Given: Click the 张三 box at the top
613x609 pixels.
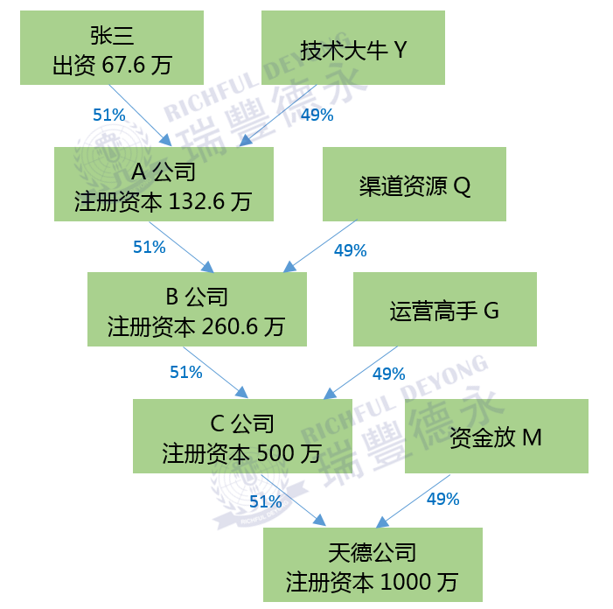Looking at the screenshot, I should (112, 47).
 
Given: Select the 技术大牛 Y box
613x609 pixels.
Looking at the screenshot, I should (353, 48).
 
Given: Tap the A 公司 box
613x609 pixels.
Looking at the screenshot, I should (164, 184).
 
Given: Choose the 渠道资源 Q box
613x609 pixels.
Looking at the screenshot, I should (414, 184).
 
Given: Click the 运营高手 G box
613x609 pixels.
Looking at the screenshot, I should (444, 309).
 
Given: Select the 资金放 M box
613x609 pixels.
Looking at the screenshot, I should (496, 436).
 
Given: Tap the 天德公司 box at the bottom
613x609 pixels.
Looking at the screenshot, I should (373, 564).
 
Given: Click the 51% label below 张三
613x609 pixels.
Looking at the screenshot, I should (109, 114).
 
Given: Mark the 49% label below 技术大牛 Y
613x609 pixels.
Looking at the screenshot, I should (317, 115).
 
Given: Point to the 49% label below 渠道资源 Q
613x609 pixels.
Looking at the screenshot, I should (350, 250).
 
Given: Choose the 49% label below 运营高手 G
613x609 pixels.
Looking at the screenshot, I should (388, 374).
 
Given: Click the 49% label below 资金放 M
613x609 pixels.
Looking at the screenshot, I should (442, 500).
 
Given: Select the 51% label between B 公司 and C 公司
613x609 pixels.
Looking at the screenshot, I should (185, 372).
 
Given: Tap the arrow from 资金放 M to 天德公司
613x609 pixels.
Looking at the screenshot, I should (413, 501).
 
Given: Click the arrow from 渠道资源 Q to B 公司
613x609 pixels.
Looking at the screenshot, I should (316, 247).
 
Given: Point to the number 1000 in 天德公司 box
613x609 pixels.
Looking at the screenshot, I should (408, 582).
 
